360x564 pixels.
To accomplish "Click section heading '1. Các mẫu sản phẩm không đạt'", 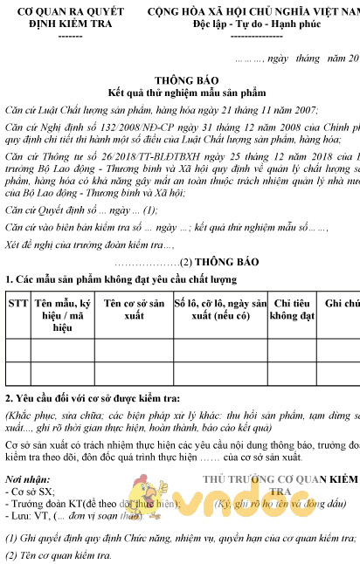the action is tap(121, 279).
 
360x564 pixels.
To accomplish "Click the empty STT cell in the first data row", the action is tap(17, 349).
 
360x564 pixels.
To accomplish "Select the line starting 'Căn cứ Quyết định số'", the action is tap(81, 210).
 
